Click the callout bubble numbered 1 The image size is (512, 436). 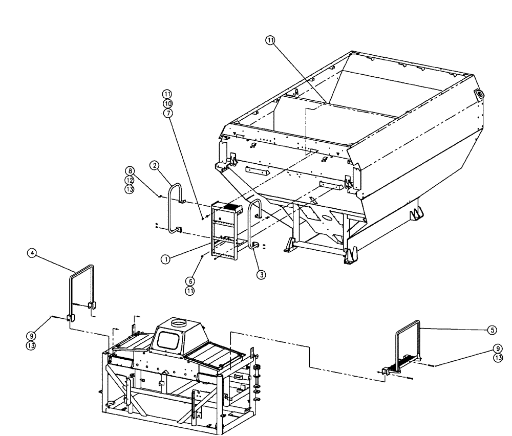click(x=165, y=259)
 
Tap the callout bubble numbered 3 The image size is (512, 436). click(x=262, y=275)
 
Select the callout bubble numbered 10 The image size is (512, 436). click(x=167, y=103)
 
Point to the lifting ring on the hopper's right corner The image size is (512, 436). click(x=481, y=94)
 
